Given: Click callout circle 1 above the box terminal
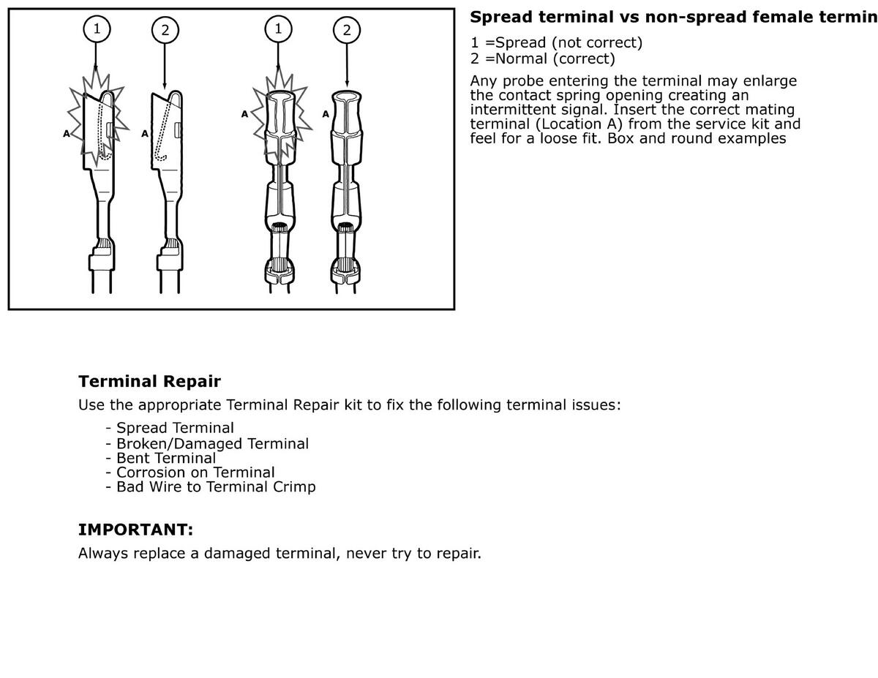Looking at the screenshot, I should point(97,29).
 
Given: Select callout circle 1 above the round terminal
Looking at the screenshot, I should point(278,29).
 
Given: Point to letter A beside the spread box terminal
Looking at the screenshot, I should point(66,134).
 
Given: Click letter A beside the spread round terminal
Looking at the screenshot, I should point(244,114).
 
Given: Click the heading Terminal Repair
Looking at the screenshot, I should point(149,381).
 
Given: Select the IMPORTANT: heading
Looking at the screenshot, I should point(135,529).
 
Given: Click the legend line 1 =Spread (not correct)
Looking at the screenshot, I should point(556,42).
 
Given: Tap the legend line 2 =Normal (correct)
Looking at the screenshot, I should point(542,59).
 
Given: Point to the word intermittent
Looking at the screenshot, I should point(516,110).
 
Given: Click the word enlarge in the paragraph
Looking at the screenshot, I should point(768,81).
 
